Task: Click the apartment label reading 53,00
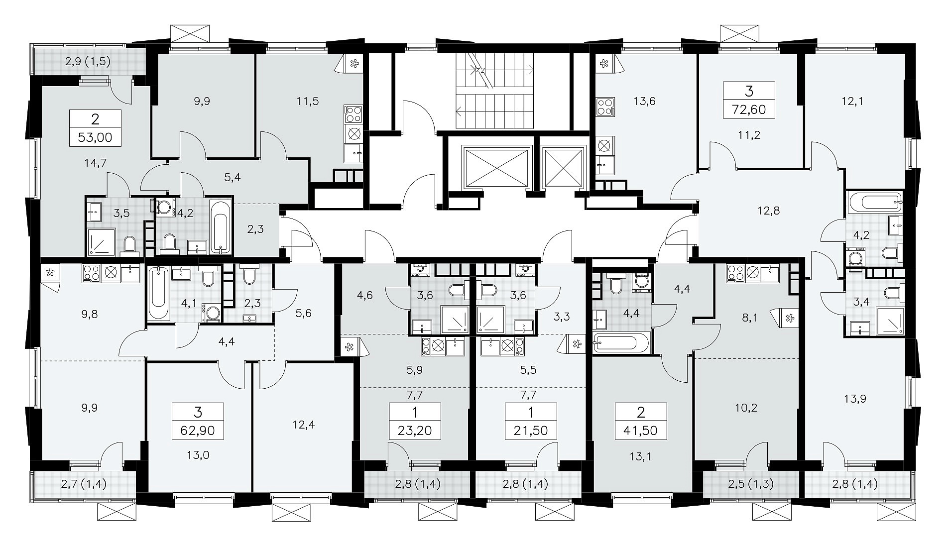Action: pyautogui.click(x=96, y=137)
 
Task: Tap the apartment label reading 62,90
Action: pyautogui.click(x=198, y=430)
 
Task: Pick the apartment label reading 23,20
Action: pyautogui.click(x=416, y=430)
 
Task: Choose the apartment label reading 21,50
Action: pyautogui.click(x=531, y=430)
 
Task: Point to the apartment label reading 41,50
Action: pyautogui.click(x=641, y=430)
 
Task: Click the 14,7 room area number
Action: pyautogui.click(x=96, y=162)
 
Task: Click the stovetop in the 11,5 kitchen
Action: pyautogui.click(x=355, y=114)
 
